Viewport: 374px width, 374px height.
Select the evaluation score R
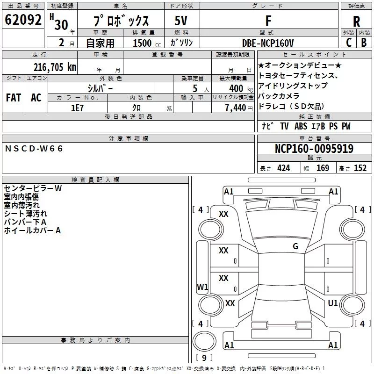point(356,21)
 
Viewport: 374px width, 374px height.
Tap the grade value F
point(268,21)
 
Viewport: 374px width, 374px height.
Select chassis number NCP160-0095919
point(314,149)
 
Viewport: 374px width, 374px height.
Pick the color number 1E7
point(77,107)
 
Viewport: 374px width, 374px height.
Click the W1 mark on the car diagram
point(202,287)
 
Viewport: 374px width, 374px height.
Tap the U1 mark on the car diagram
point(333,303)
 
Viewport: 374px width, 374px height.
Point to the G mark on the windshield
point(295,246)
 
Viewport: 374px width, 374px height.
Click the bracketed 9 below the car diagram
point(204,358)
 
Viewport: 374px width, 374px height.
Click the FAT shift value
point(14,97)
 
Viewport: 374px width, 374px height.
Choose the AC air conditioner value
point(36,97)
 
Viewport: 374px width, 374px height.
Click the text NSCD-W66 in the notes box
point(34,148)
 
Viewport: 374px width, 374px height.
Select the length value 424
point(282,168)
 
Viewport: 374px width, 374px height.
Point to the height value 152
point(360,168)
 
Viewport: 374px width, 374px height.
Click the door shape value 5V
point(182,21)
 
